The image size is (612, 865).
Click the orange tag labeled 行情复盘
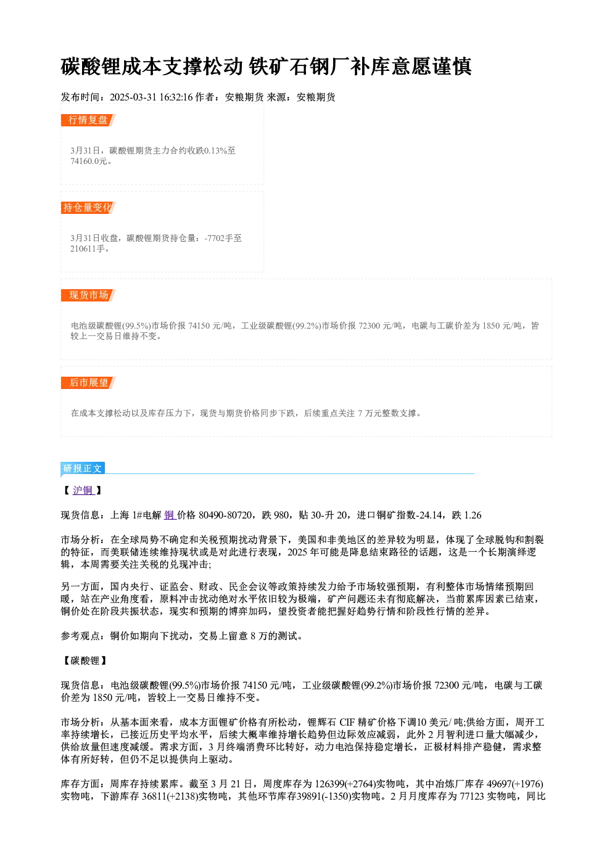pos(88,120)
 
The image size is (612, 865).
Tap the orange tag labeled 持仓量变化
pos(88,208)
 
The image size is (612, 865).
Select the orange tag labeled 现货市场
pos(88,295)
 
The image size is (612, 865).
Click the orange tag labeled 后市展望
pos(88,383)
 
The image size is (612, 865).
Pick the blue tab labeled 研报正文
pos(83,469)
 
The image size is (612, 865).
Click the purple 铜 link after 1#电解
pos(170,515)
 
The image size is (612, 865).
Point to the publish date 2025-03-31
pos(133,97)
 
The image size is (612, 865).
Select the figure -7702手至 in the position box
pos(223,238)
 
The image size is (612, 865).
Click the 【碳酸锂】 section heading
pos(85,661)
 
